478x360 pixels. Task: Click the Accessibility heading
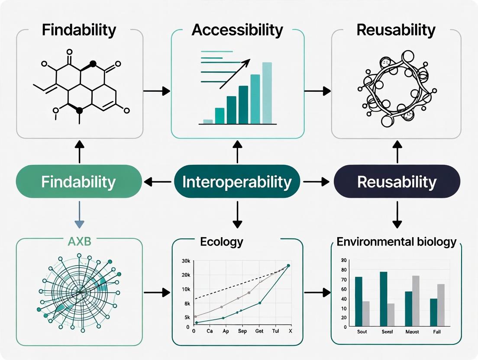(237, 30)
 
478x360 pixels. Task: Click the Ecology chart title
(222, 241)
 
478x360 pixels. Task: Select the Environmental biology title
(396, 241)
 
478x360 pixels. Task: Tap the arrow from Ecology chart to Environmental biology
(317, 293)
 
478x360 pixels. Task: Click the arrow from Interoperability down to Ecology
(237, 214)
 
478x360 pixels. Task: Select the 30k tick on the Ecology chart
(187, 261)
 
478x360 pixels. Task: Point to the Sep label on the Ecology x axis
(242, 331)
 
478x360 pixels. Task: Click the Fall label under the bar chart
(437, 332)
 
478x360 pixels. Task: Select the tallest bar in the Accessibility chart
(267, 93)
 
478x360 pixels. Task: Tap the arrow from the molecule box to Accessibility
(156, 91)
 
